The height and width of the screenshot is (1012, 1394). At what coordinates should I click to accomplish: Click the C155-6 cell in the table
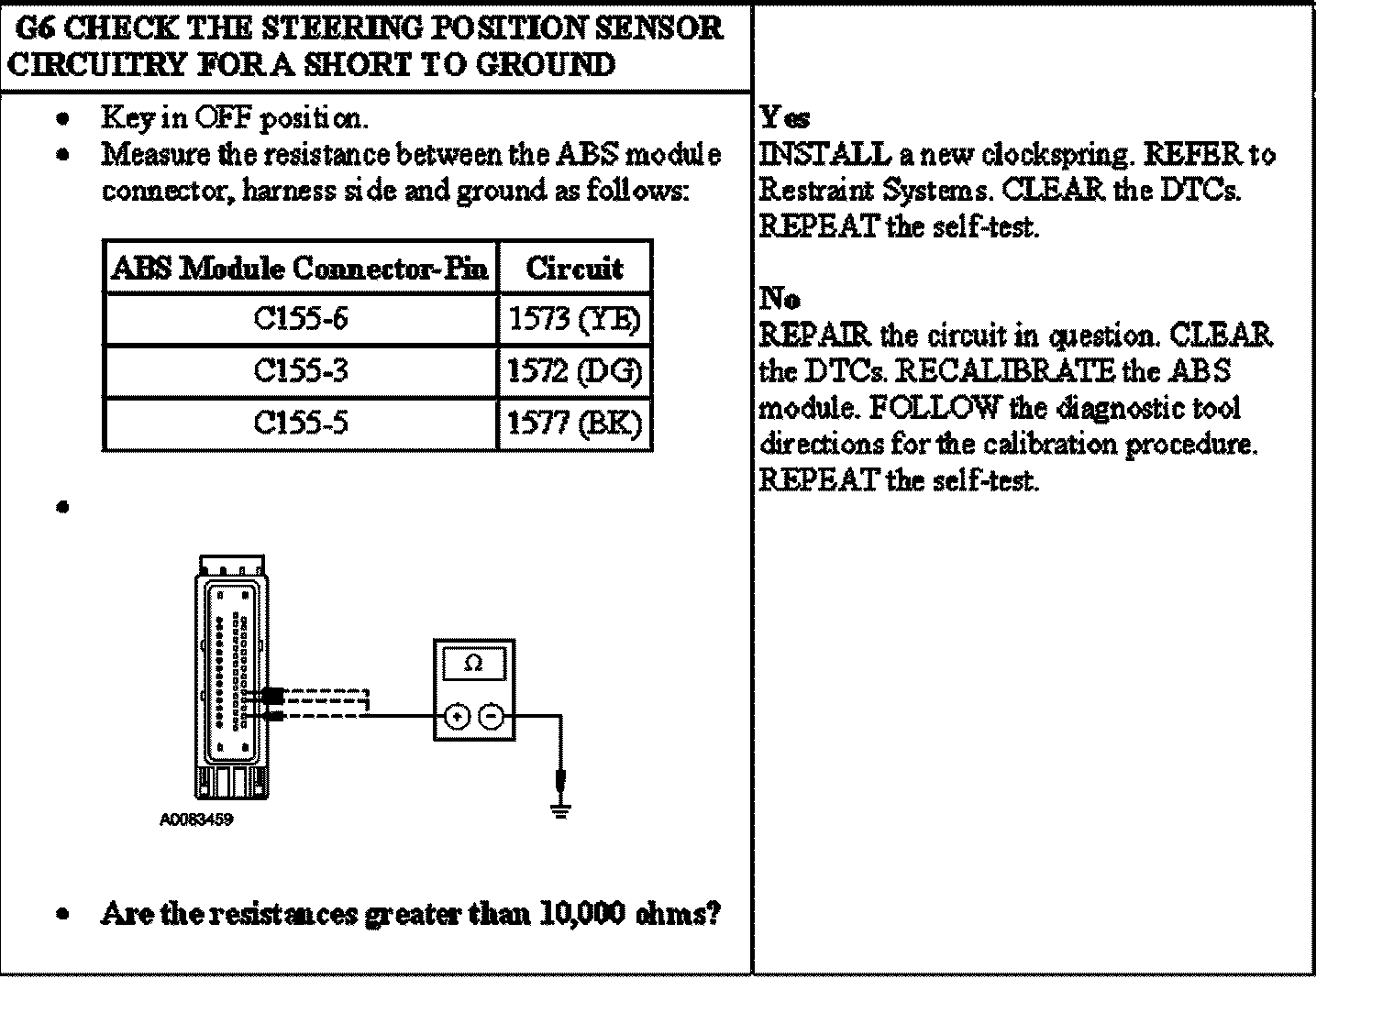tap(301, 319)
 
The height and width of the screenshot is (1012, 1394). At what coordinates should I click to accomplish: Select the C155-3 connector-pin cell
tap(301, 371)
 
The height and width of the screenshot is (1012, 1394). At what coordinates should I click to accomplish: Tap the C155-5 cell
tap(301, 423)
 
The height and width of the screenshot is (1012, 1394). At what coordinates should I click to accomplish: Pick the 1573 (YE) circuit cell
tap(575, 319)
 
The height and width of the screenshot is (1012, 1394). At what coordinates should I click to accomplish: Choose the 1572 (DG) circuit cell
tap(575, 371)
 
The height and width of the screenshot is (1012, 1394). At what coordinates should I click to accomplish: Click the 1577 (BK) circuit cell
tap(575, 423)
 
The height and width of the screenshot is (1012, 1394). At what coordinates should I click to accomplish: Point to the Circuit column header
tap(575, 268)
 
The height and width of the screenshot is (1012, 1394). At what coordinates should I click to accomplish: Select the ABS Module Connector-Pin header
tap(300, 268)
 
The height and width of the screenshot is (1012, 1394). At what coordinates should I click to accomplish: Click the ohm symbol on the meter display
tap(473, 664)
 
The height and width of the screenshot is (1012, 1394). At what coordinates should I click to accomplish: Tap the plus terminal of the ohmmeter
tap(457, 717)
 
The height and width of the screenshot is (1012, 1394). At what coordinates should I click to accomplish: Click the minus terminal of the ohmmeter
tap(492, 717)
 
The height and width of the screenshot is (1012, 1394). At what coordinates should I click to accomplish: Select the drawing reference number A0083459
tap(196, 819)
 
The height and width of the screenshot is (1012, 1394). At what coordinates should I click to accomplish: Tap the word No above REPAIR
tap(779, 299)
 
